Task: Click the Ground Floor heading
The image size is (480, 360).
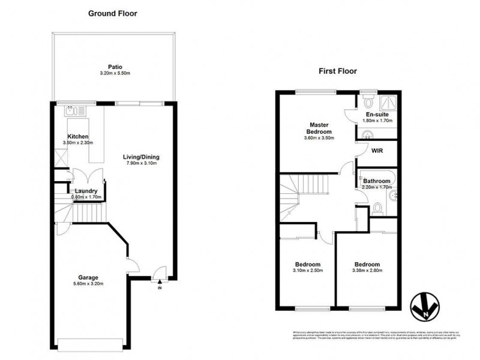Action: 113,13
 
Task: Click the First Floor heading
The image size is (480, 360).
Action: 338,71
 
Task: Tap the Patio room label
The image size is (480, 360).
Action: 115,67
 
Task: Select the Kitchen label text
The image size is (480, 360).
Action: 78,136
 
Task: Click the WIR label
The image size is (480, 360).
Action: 377,152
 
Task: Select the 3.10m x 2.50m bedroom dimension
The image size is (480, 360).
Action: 307,271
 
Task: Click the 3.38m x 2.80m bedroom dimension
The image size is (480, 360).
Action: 366,271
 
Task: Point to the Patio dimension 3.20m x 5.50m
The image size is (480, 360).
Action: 115,73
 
